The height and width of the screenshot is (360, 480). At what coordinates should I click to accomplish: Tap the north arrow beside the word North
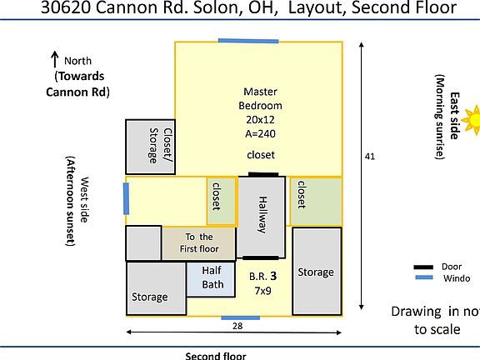[55, 59]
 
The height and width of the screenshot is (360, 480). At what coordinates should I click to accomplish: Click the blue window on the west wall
[127, 198]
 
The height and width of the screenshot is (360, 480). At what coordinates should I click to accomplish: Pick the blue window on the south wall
[234, 317]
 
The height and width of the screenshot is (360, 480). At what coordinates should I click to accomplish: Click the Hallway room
[262, 214]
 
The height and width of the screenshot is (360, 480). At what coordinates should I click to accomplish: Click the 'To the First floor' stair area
[199, 242]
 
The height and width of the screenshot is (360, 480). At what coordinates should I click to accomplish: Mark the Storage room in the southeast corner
[317, 271]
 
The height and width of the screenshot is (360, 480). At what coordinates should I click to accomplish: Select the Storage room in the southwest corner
[155, 288]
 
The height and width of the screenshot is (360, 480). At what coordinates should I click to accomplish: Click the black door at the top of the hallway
[263, 174]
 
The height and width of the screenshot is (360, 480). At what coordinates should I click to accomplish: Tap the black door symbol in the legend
[424, 267]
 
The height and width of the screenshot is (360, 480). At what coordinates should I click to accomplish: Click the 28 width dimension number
[237, 327]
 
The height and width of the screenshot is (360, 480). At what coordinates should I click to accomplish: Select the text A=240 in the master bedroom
[261, 133]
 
